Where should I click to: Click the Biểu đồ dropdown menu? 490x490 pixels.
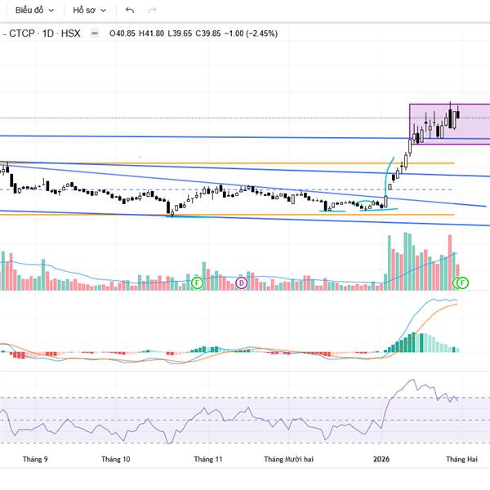(x=33, y=11)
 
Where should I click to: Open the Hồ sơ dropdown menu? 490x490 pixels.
(x=88, y=11)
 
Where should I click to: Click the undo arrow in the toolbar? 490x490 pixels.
(x=130, y=11)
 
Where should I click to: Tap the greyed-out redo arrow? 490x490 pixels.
(x=152, y=11)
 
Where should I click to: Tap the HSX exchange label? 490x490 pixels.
(x=73, y=33)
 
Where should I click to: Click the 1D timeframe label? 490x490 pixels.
(x=49, y=33)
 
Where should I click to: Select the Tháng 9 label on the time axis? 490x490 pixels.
(x=35, y=459)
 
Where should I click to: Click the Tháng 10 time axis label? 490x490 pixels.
(x=115, y=459)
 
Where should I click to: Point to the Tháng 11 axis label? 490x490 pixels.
(x=207, y=459)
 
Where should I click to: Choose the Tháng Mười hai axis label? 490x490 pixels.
(x=288, y=459)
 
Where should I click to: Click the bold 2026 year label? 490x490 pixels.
(x=381, y=459)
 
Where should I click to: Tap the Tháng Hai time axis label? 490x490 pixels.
(x=461, y=459)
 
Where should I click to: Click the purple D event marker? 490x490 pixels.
(x=241, y=283)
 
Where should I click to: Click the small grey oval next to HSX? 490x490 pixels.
(x=95, y=33)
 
